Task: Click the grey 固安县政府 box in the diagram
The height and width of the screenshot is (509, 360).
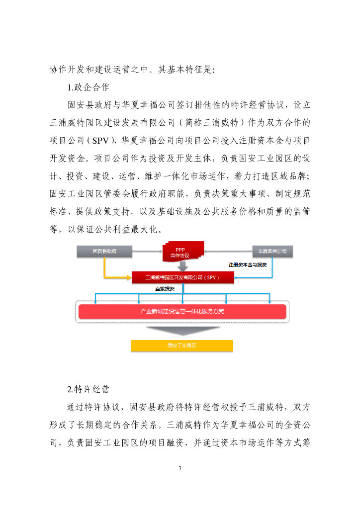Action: (104, 252)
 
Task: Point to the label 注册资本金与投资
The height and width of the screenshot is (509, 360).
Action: (247, 264)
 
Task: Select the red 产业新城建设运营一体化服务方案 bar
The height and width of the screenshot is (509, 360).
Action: (182, 312)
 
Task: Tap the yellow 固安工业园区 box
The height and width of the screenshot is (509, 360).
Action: (182, 345)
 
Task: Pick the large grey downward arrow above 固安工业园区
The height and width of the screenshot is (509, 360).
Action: (182, 331)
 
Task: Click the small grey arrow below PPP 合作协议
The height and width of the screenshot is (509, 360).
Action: (182, 267)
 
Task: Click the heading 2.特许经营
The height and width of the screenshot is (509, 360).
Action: (88, 388)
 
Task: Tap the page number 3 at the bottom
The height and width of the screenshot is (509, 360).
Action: (180, 468)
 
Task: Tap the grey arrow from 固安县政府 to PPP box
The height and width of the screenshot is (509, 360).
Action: (147, 252)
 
